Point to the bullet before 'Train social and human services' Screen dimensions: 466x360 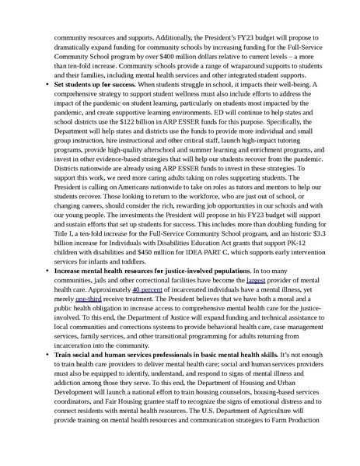point(47,359)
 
